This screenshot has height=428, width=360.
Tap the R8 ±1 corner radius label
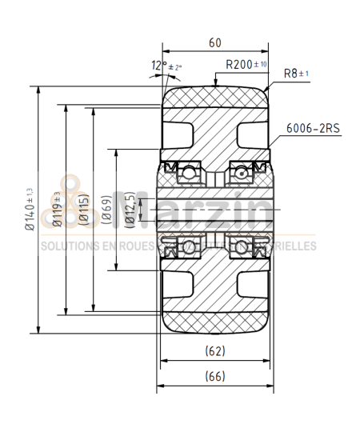pos(296,74)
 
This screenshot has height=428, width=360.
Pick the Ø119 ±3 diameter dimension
pos(58,210)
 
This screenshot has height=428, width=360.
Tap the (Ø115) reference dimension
pos(84,210)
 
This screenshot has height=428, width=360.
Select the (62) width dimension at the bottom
pos(214,350)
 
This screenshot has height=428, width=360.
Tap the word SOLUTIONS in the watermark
pos(68,246)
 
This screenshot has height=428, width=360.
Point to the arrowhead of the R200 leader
pos(215,83)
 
